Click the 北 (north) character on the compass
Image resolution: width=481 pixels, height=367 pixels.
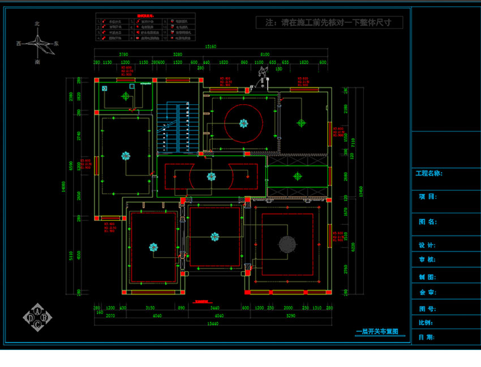37,24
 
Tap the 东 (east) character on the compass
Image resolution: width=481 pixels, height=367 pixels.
57,43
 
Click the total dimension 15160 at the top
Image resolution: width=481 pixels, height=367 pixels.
212,47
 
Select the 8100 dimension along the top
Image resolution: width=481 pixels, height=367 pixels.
265,54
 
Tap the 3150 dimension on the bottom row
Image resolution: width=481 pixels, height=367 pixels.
150,309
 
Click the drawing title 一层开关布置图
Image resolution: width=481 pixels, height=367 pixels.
377,332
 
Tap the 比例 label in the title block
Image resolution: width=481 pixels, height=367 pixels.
425,323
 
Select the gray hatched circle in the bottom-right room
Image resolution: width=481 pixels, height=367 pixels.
286,244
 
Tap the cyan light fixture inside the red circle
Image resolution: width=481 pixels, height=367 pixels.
243,123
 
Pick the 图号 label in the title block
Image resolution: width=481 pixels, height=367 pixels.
426,309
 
